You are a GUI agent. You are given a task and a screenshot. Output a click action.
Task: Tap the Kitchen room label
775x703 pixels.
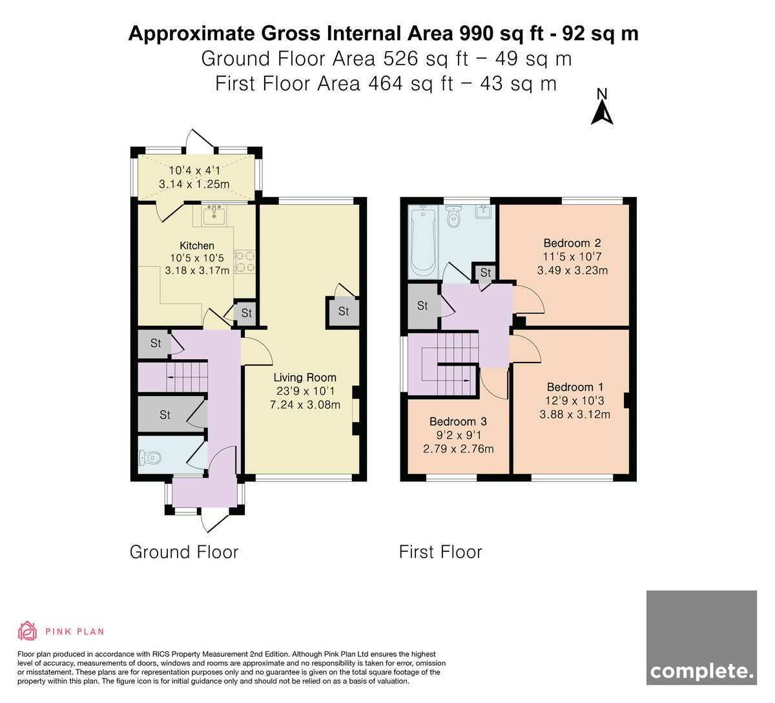pos(196,246)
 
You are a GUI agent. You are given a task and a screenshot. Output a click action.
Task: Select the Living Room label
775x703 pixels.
pos(305,377)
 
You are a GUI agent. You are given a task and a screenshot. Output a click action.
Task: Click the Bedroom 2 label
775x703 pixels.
pos(572,243)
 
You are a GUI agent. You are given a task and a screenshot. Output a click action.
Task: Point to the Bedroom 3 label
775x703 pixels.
pos(458,421)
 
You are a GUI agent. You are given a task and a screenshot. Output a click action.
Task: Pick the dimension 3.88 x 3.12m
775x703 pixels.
pos(575,415)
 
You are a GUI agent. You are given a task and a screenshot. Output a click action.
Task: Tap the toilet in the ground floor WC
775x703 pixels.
pos(150,458)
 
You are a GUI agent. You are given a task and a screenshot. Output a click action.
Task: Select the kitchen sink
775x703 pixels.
pos(214,215)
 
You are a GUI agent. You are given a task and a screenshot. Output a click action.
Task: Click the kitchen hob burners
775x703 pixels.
pos(245,262)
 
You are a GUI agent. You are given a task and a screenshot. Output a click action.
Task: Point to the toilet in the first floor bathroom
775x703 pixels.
pos(453,216)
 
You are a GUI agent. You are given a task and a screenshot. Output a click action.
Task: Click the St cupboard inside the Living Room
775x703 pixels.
pos(344,311)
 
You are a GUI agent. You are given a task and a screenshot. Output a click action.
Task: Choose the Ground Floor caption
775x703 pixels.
pos(184,552)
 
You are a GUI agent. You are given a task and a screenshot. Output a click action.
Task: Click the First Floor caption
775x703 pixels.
pos(440,552)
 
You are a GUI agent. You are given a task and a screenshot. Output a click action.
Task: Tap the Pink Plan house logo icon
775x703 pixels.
pos(27,631)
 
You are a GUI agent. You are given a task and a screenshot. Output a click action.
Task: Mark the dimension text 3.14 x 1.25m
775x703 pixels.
pos(194,184)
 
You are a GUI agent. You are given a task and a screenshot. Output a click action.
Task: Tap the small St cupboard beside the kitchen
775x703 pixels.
pos(245,313)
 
